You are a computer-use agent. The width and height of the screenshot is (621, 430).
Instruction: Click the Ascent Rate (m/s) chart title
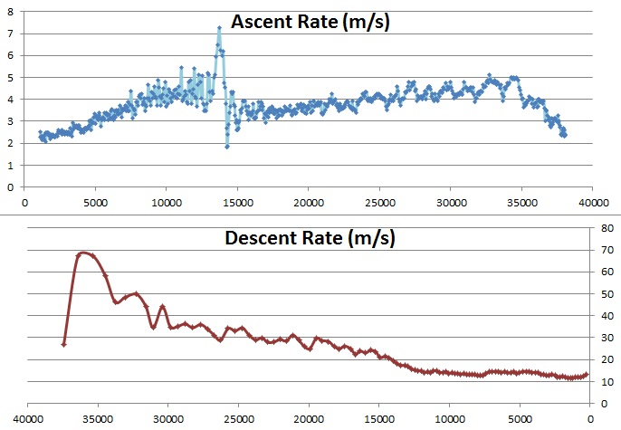click(309, 22)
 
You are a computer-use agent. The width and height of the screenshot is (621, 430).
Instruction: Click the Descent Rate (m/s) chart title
click(309, 240)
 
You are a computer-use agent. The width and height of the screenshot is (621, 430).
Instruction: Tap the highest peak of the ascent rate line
click(219, 28)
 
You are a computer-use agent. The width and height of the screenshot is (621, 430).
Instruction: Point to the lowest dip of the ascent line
click(227, 146)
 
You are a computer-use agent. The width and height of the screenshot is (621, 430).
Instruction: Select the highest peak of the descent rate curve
click(83, 253)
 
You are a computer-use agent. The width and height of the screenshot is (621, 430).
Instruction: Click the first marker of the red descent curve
click(63, 344)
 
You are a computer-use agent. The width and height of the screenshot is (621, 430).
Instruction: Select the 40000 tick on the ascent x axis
click(592, 201)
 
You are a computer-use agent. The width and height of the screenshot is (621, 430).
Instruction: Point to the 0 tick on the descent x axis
click(590, 418)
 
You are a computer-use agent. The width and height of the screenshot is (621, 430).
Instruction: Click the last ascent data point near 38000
click(565, 135)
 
